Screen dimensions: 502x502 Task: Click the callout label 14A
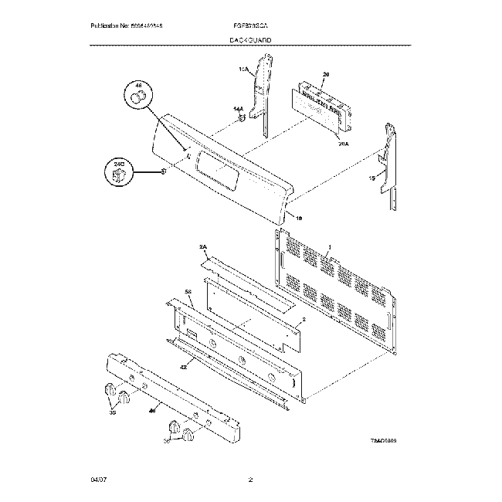238,110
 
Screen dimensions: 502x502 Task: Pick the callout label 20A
344,144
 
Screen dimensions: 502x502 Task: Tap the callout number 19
299,219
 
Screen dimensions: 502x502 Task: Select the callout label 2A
204,247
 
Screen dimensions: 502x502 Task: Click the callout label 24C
119,165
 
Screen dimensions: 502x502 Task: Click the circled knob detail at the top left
139,97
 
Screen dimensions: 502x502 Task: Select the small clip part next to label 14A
243,120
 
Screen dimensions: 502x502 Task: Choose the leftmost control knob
109,389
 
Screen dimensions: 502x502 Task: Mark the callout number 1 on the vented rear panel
327,248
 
